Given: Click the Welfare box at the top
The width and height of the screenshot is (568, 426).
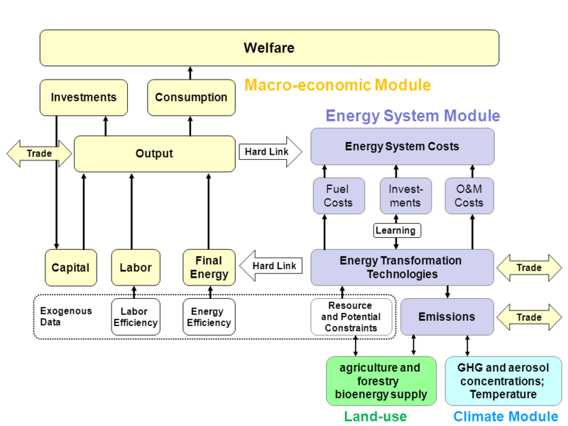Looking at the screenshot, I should point(268,48).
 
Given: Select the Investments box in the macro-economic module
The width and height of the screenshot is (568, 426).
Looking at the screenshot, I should point(84,97).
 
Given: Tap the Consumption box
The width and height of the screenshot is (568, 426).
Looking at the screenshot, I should point(191,97).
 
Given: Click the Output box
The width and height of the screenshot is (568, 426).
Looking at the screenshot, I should point(154,153).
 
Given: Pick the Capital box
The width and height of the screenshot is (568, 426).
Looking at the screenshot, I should point(70,268).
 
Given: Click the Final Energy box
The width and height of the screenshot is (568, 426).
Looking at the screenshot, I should point(209,267).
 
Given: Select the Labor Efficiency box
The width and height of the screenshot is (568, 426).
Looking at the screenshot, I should point(134,317).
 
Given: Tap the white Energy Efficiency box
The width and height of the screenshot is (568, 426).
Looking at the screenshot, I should point(209,317).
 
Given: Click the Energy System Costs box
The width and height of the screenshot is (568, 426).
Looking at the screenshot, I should point(402,147).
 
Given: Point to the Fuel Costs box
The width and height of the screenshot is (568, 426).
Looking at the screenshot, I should point(338,196).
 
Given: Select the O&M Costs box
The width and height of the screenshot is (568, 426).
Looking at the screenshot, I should point(469,196).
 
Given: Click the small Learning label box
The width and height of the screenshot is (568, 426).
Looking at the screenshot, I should point(395,230).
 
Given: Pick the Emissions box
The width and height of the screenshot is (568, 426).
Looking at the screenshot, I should point(447,317).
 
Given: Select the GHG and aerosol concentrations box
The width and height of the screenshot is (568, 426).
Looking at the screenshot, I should point(503,381).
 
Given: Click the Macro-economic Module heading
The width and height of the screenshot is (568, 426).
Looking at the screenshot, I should point(337,85).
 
